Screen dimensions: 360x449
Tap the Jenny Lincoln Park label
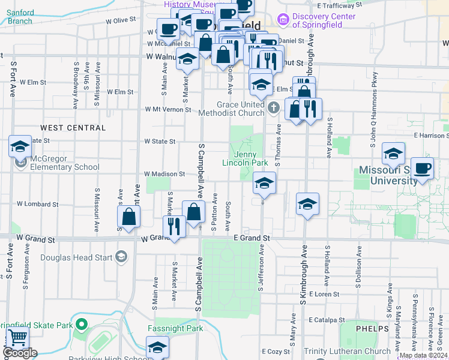pos(245,158)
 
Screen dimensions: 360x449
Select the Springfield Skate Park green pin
pos(82,326)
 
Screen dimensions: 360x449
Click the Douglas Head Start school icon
pos(121,258)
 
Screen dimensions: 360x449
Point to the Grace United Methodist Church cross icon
pos(274,109)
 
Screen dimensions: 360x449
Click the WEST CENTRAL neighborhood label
pos(73,128)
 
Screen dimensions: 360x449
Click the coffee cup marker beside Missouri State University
pos(422,169)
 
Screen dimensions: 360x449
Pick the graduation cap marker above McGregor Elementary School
pos(20,146)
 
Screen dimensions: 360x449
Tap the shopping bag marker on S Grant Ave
pos(129,217)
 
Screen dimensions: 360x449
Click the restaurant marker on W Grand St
pos(174,227)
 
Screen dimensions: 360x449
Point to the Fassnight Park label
pos(175,329)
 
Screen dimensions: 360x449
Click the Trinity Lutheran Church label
pos(348,351)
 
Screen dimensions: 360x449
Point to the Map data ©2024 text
pos(422,355)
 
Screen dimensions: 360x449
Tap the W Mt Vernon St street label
pos(168,110)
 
